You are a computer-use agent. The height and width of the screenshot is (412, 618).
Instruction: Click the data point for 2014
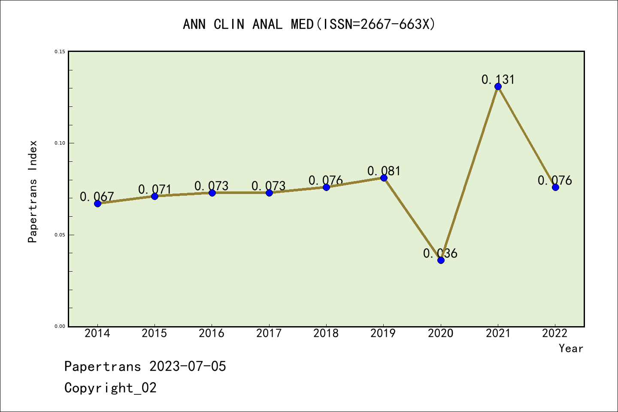[97, 203]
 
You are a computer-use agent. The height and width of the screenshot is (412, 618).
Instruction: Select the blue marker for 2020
[441, 260]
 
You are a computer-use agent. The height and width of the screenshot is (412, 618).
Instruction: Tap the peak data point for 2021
[498, 87]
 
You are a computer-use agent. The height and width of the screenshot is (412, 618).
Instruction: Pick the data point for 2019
[384, 178]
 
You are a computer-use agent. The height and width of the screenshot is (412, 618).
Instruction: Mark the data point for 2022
[555, 187]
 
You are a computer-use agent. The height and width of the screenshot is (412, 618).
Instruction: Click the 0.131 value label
[498, 79]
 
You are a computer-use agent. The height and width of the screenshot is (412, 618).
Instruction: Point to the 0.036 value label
[440, 253]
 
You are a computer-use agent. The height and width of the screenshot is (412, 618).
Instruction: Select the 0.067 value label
[97, 197]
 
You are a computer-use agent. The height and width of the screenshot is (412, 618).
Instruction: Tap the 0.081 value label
[384, 171]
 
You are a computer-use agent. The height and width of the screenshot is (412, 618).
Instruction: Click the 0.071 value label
[154, 189]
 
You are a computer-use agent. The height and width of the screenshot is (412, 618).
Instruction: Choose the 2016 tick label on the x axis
[212, 333]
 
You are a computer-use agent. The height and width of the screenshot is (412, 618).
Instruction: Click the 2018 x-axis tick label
[326, 333]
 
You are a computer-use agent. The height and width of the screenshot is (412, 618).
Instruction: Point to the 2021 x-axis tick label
[498, 333]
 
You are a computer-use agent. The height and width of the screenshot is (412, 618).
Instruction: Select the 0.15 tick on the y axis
[60, 51]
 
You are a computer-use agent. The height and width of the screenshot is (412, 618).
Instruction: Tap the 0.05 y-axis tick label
[60, 235]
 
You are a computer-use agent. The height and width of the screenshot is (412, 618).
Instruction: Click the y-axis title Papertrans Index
[33, 191]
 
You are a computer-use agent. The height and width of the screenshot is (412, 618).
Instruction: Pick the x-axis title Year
[571, 348]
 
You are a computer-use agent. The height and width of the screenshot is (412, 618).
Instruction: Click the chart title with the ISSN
[309, 24]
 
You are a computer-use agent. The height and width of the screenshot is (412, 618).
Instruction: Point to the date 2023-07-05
[188, 367]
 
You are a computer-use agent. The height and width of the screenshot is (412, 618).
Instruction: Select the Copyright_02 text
[110, 388]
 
